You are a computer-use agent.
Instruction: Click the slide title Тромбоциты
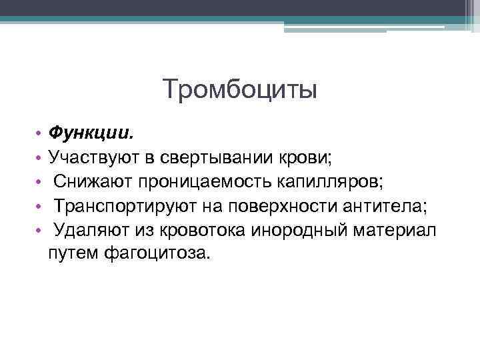click(x=239, y=89)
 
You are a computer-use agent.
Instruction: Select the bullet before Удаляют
click(x=40, y=231)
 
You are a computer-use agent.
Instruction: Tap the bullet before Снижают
click(x=40, y=183)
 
